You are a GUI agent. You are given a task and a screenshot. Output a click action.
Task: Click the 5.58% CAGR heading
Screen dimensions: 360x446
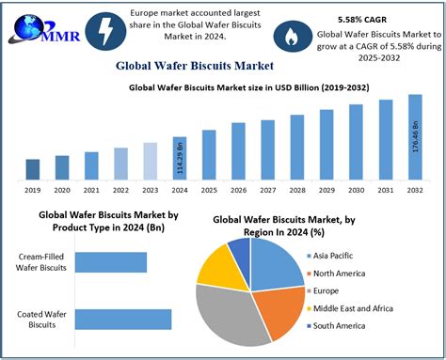click(x=363, y=19)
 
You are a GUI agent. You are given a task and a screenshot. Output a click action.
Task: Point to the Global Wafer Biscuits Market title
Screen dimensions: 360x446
click(x=195, y=66)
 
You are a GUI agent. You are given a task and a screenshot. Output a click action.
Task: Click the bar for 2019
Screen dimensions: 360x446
click(x=33, y=169)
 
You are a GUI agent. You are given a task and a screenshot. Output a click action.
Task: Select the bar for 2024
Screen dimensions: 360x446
click(x=180, y=158)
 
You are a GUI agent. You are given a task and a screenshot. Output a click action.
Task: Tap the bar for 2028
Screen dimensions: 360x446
click(x=297, y=147)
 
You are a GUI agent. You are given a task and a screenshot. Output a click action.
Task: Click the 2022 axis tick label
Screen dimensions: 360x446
click(x=120, y=189)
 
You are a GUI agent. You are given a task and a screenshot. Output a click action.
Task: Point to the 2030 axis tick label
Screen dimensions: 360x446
click(x=357, y=189)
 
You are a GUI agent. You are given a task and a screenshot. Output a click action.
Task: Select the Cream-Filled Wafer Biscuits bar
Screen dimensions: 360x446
click(x=111, y=261)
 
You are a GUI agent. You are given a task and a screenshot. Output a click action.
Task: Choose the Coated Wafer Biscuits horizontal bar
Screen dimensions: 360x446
click(x=123, y=319)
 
